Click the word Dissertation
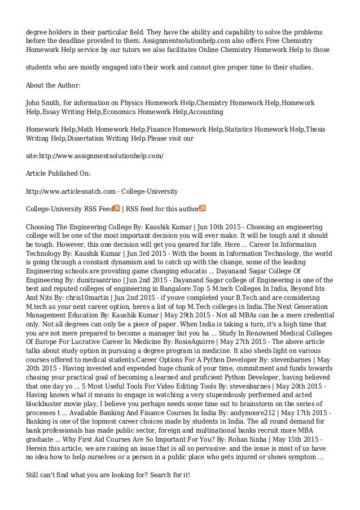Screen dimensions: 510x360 [x=90, y=137]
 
